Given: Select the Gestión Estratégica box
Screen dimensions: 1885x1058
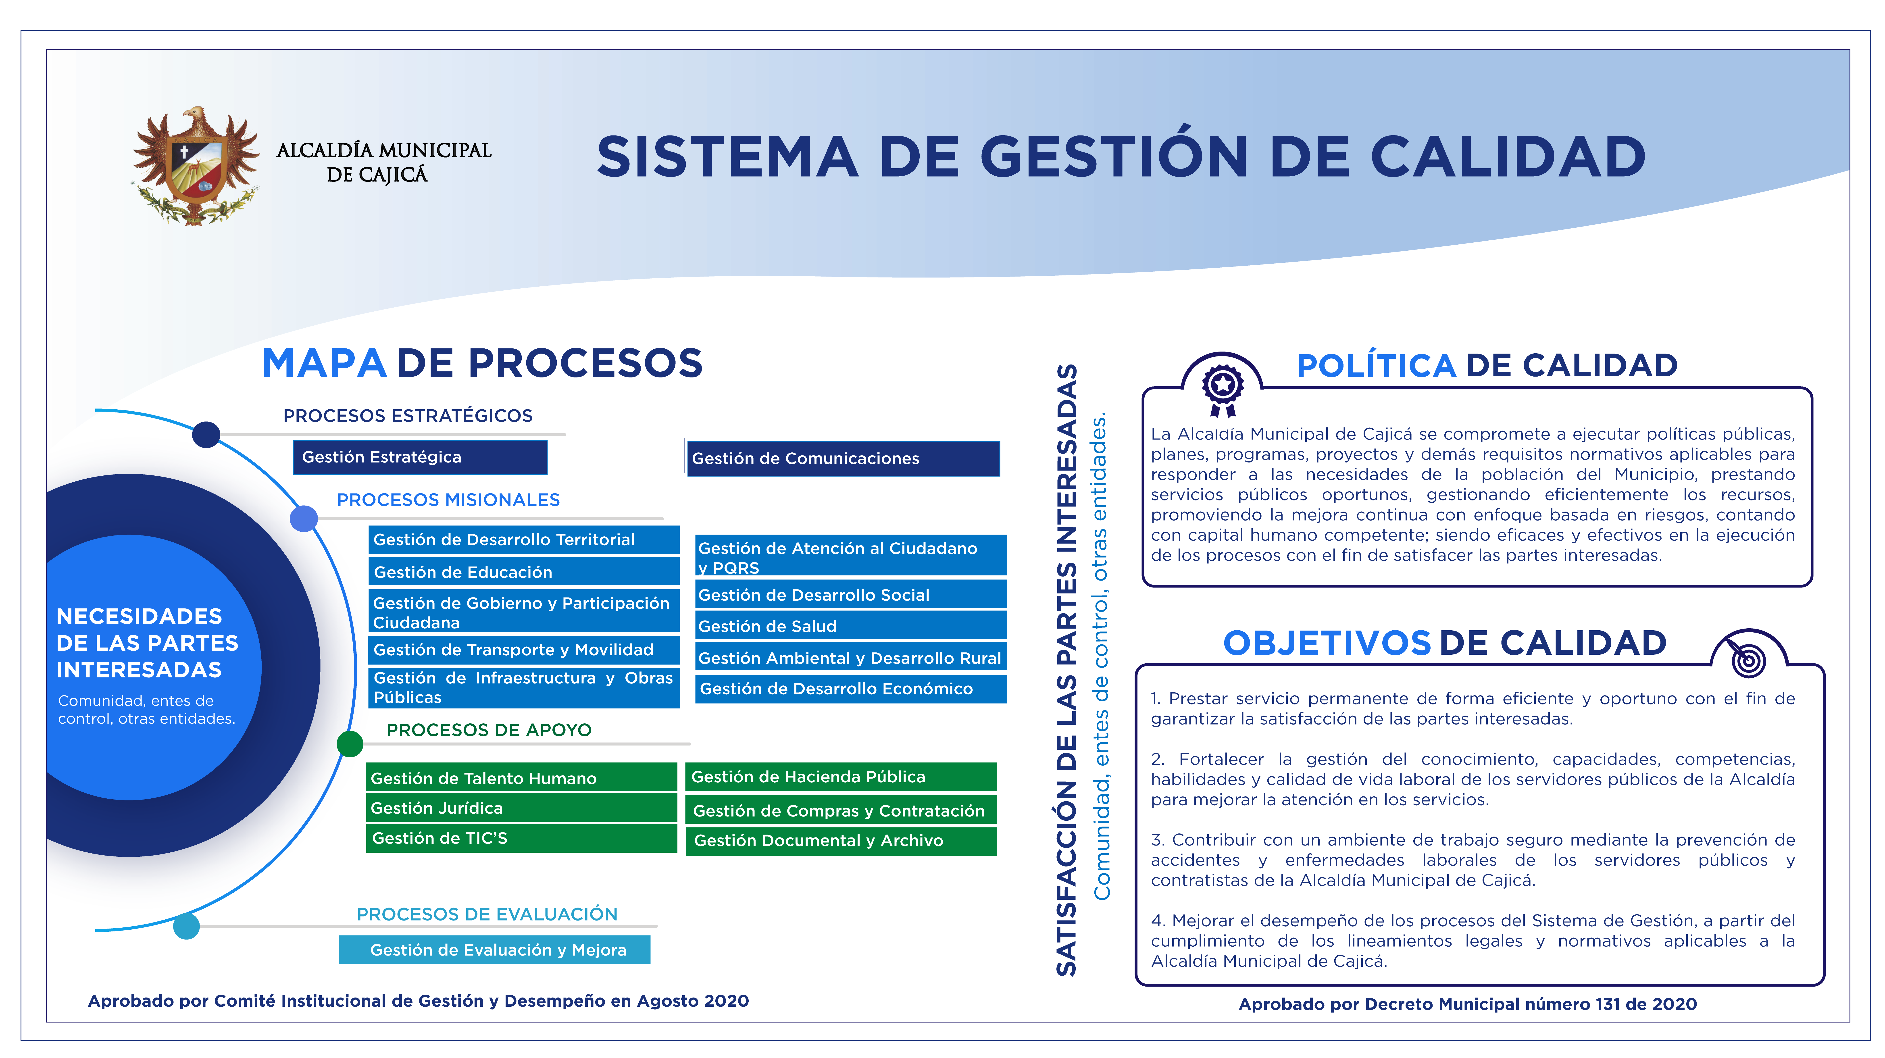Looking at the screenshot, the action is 420,457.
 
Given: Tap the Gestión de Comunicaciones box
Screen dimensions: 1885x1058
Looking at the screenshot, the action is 843,459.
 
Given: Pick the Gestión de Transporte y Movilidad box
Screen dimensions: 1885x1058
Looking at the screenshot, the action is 524,650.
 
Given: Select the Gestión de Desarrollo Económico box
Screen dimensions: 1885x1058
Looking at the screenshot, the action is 851,689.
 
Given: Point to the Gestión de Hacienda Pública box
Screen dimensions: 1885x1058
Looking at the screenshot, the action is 841,777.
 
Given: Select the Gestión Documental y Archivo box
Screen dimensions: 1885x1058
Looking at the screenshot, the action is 841,841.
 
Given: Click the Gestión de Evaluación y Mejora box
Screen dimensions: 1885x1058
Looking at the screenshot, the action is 495,950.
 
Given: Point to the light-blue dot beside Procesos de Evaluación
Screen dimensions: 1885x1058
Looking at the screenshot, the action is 187,926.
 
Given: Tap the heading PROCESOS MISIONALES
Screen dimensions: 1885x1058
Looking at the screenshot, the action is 449,500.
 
